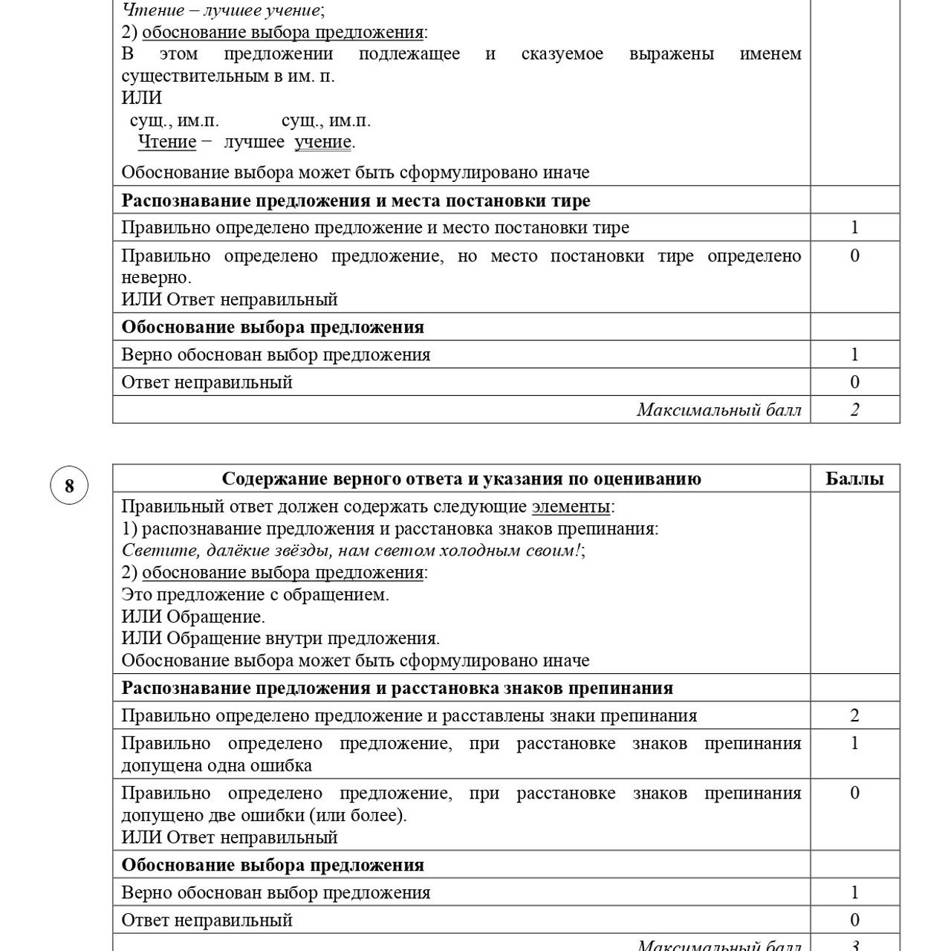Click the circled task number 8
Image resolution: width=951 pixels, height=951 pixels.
coord(69,486)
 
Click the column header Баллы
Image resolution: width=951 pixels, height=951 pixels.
coord(854,478)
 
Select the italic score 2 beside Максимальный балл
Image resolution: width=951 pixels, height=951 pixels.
coord(854,409)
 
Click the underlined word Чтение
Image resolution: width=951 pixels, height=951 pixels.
coord(167,142)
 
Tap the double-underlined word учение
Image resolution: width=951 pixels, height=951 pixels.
coord(322,142)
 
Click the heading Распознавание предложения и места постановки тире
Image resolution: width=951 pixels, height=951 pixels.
coord(356,201)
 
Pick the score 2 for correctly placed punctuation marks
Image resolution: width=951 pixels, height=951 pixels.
coord(854,715)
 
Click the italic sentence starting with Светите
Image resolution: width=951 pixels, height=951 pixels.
coord(351,551)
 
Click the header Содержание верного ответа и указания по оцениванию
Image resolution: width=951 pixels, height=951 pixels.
coord(461,478)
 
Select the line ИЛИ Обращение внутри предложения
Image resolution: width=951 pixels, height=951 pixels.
coord(280,638)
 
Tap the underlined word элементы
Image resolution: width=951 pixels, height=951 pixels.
coord(571,507)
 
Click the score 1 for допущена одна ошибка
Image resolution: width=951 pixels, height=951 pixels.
coord(854,743)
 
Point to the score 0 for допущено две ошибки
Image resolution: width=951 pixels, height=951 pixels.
coord(854,793)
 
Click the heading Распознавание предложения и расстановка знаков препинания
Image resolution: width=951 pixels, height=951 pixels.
coord(397,688)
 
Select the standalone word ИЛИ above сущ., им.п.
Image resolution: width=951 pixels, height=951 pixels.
coord(141,98)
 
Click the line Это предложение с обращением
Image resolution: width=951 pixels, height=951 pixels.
coord(255,594)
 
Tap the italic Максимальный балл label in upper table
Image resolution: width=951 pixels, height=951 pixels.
coord(718,409)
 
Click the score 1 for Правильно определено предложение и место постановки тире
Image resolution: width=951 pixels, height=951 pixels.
coord(854,227)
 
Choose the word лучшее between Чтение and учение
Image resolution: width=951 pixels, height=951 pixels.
coord(254,142)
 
